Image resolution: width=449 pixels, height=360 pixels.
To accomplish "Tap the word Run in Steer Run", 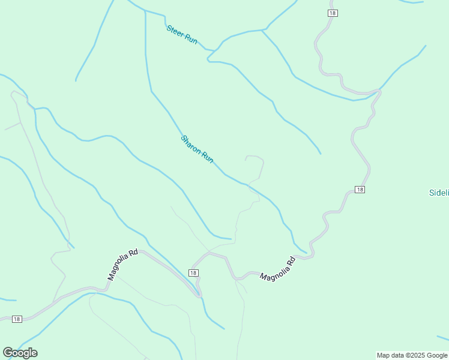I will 191,40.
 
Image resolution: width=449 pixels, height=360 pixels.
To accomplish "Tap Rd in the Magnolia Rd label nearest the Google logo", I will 134,253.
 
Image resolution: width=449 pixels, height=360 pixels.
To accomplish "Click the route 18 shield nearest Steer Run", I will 333,13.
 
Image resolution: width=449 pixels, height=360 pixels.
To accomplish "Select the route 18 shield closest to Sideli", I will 360,190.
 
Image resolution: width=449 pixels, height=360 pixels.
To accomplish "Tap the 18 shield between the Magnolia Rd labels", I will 193,273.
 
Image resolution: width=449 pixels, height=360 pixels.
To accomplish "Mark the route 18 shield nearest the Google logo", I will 17,319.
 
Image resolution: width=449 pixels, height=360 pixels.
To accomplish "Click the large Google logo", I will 20,353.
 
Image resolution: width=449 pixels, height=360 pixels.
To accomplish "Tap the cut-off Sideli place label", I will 439,193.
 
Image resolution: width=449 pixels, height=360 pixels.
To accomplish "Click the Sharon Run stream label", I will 197,150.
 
